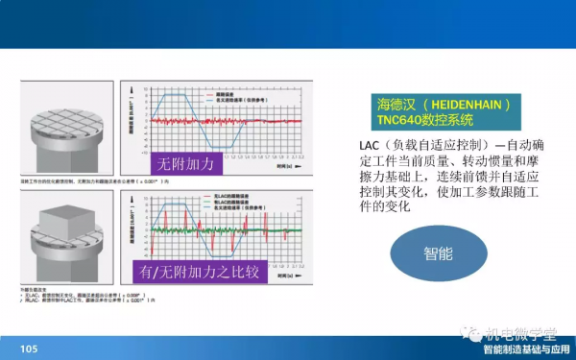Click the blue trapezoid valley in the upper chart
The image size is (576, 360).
pos(231,147)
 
